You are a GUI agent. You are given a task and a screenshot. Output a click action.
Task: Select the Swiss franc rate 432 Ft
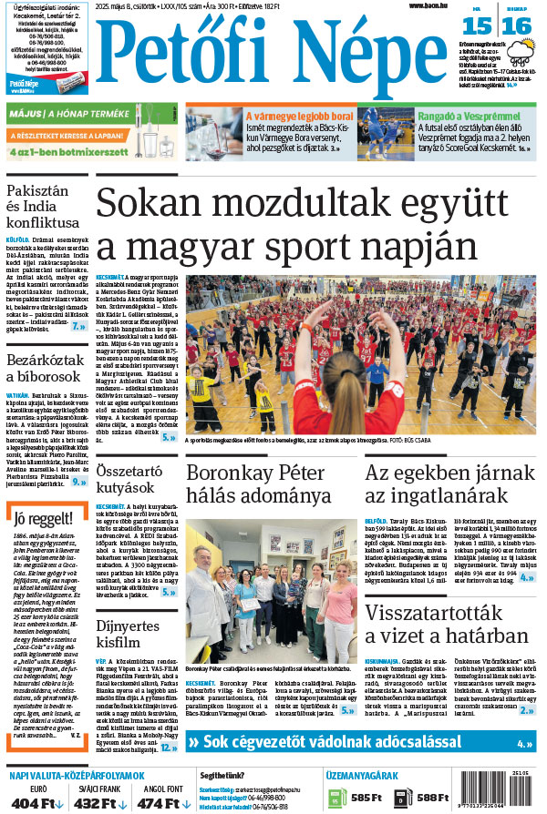[x=95, y=803]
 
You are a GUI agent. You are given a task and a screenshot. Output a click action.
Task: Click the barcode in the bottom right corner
[x=510, y=791]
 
